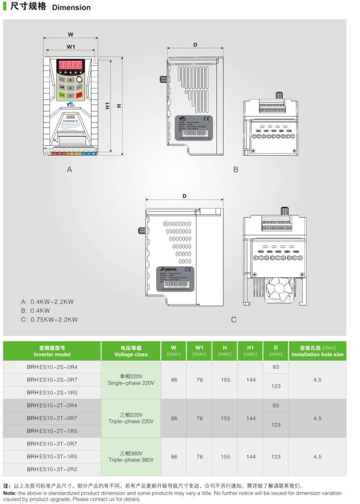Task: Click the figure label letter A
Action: [69, 169]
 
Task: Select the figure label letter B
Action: [236, 169]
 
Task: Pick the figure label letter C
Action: [233, 320]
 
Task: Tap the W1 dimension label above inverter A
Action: [71, 47]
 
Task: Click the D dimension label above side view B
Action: [195, 45]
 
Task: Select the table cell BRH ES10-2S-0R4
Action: [52, 367]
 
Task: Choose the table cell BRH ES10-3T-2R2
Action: [52, 469]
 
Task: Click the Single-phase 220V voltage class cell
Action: [131, 380]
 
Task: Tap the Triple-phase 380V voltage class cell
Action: [131, 456]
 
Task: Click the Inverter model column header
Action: [52, 351]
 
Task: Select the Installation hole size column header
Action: [317, 351]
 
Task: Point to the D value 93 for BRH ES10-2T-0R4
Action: [276, 406]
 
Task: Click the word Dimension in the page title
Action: [72, 8]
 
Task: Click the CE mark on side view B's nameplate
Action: [207, 119]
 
